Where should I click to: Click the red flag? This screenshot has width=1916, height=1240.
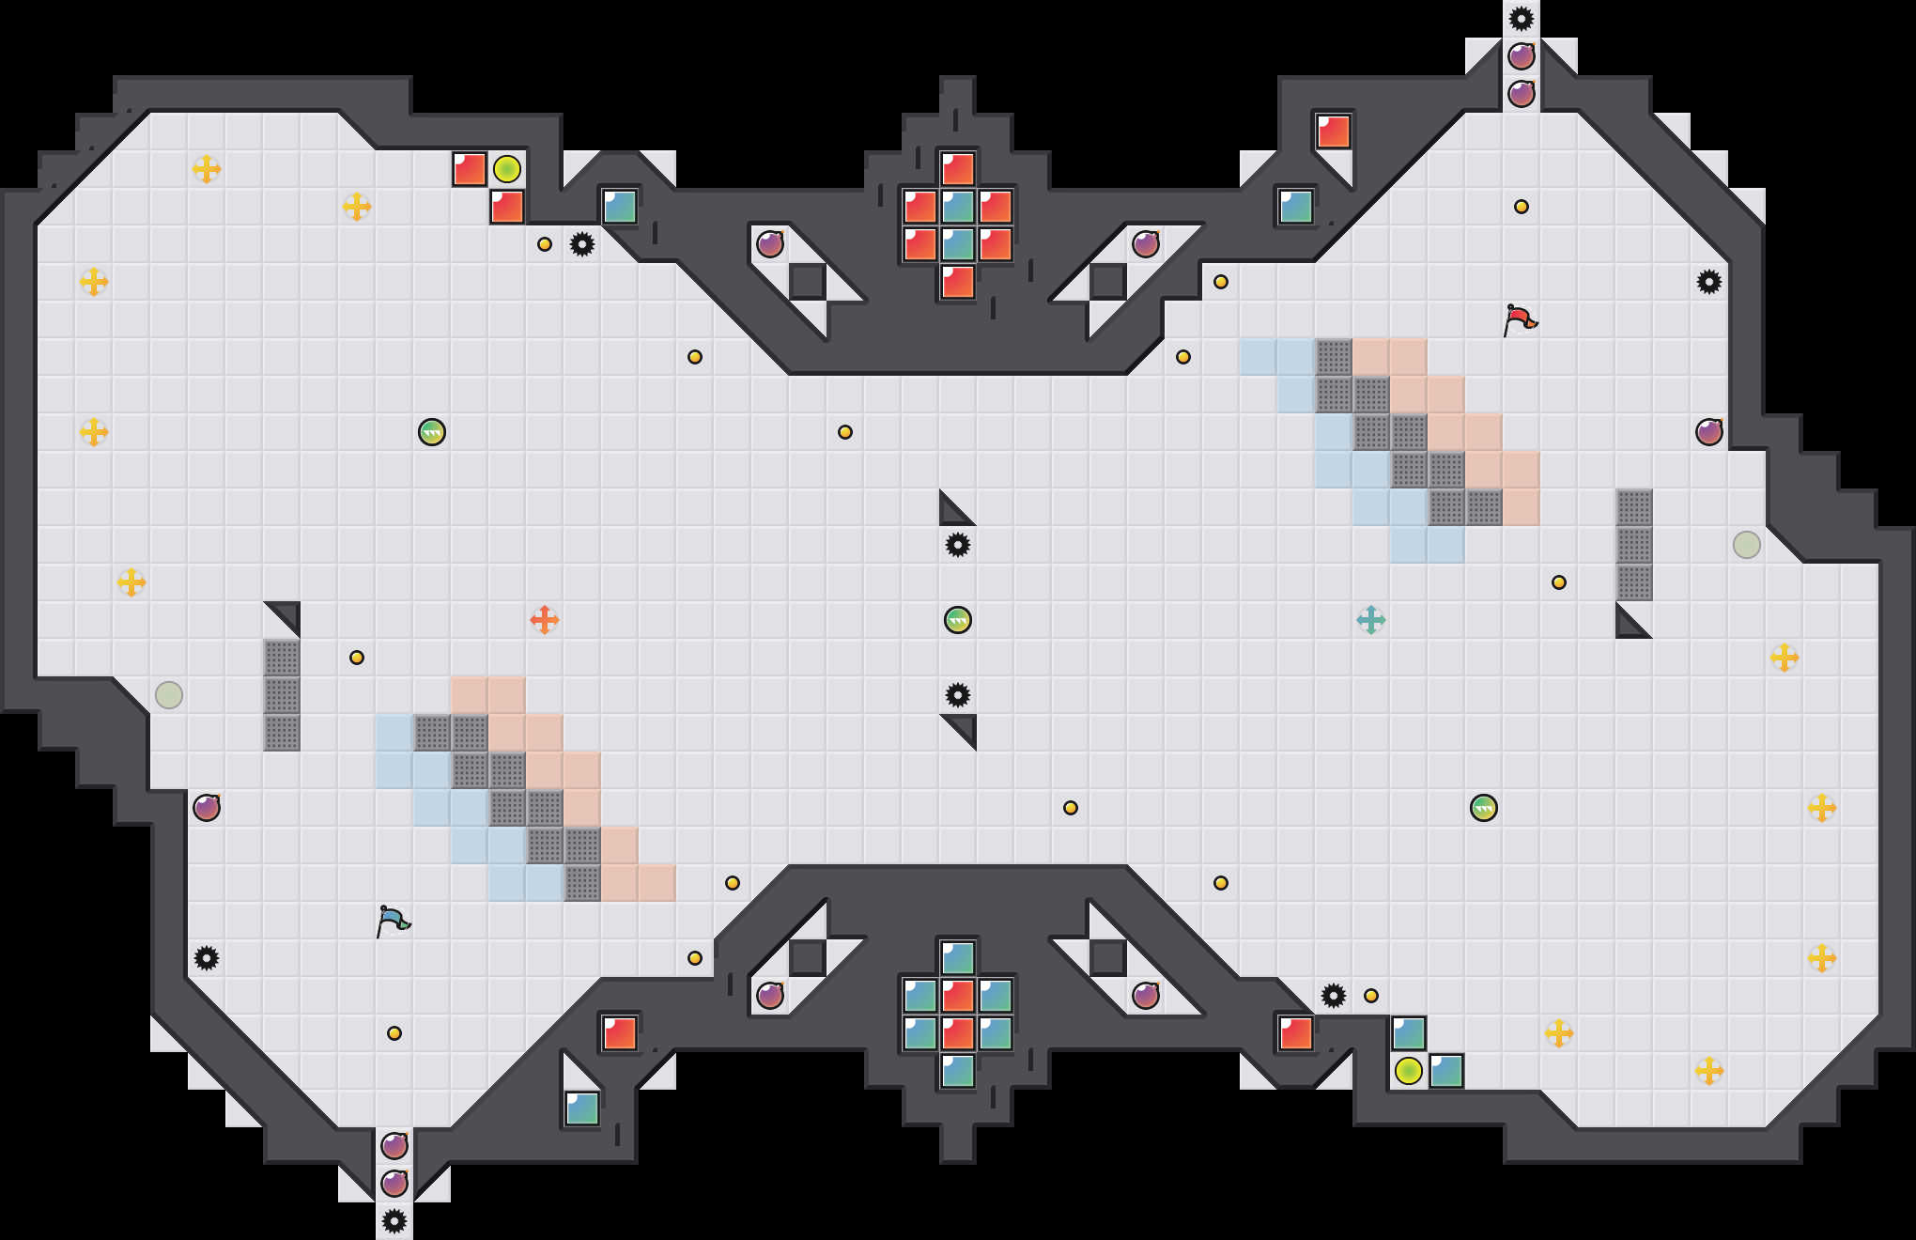(1520, 319)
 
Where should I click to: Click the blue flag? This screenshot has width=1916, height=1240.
(393, 921)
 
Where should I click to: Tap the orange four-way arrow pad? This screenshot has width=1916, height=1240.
(545, 620)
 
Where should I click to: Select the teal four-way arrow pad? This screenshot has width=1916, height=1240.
(1371, 620)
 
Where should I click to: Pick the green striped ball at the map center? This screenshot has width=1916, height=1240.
(958, 620)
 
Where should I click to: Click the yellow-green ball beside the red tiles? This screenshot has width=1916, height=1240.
(507, 169)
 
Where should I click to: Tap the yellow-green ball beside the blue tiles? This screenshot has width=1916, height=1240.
(1409, 1071)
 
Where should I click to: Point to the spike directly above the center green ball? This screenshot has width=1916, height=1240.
(958, 545)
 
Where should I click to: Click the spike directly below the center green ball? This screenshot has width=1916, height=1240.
(958, 695)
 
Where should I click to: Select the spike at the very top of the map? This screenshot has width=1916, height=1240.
(1522, 19)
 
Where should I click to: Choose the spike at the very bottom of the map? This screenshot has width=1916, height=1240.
(394, 1221)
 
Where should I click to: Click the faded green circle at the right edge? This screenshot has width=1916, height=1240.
(1747, 545)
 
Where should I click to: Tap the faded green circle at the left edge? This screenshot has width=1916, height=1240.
(169, 695)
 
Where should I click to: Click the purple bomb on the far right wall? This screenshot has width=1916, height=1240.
(1709, 432)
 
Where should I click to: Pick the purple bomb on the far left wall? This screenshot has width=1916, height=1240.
(207, 808)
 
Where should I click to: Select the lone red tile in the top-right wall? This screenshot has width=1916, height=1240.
(1334, 132)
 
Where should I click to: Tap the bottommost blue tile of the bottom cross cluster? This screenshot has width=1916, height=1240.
(958, 1071)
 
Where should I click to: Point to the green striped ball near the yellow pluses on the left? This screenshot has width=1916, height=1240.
(432, 432)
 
